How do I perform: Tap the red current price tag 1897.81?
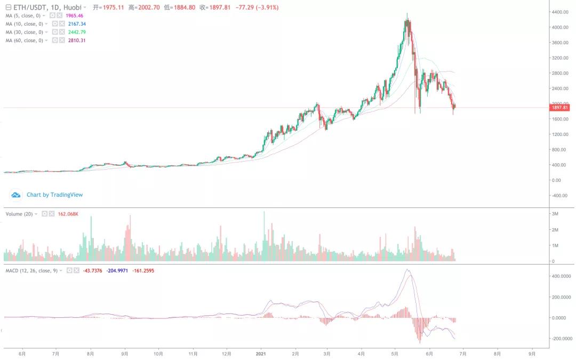pyautogui.click(x=560, y=108)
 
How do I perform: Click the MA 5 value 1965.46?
pyautogui.click(x=74, y=16)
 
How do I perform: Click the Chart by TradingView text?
pyautogui.click(x=54, y=195)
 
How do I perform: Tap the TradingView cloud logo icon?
pyautogui.click(x=16, y=195)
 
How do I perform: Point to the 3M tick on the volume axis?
pyautogui.click(x=555, y=214)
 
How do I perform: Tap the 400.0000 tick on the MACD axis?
pyautogui.click(x=562, y=276)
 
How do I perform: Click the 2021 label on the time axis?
pyautogui.click(x=261, y=353)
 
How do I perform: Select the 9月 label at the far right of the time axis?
pyautogui.click(x=532, y=353)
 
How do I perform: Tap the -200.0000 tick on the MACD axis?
pyautogui.click(x=562, y=339)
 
